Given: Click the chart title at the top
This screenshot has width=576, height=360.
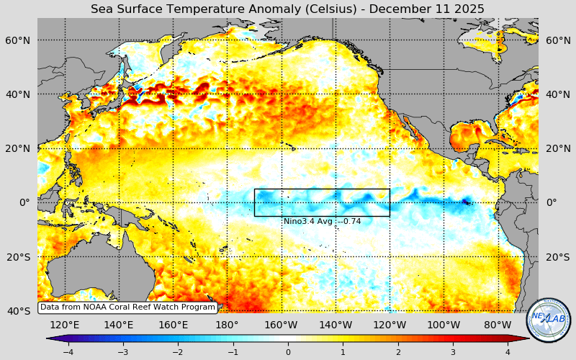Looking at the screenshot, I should (x=287, y=9).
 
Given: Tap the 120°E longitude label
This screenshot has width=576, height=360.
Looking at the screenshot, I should (x=64, y=325).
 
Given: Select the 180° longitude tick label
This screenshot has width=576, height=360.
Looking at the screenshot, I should (x=227, y=325).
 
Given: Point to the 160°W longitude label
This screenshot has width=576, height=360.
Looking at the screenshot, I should (x=281, y=325).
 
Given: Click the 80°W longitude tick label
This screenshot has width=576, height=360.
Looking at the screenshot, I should (x=498, y=325).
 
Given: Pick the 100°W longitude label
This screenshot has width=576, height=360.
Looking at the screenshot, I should (x=444, y=325).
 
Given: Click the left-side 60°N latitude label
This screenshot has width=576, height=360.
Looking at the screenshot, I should (x=19, y=40).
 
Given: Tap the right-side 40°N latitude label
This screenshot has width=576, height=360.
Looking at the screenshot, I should (x=557, y=94).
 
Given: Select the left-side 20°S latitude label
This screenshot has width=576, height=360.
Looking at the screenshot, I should (x=19, y=257).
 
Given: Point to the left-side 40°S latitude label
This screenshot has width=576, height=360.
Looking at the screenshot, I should (x=19, y=311).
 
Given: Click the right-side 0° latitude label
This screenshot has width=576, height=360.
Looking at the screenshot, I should (x=552, y=202).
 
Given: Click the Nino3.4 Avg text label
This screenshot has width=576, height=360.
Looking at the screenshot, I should (x=322, y=221).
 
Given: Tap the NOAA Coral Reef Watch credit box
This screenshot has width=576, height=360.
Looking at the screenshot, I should (x=127, y=307).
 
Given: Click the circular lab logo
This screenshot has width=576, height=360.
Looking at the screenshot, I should (x=549, y=320).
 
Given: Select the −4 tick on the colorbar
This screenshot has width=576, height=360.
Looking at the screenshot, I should (x=68, y=352).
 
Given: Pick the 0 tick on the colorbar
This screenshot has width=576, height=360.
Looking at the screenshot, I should (x=288, y=352).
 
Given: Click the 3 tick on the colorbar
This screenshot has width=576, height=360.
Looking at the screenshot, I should (x=453, y=352).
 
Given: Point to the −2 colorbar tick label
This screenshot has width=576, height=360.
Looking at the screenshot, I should (x=178, y=352).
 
